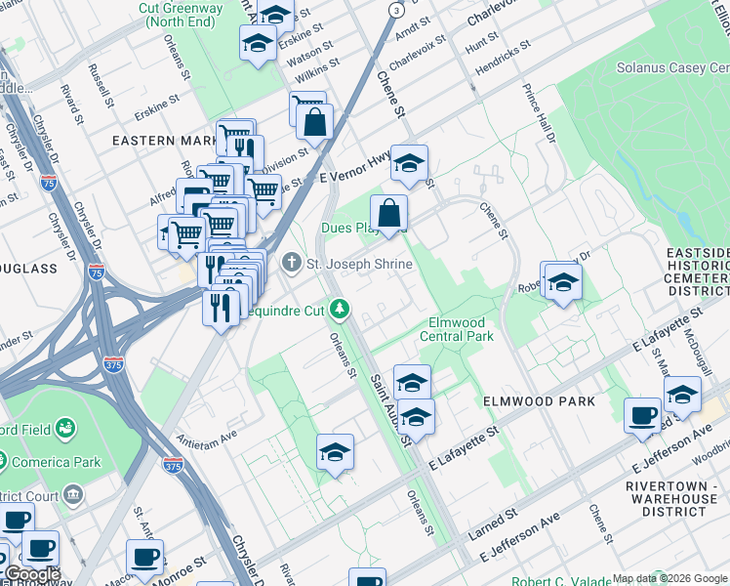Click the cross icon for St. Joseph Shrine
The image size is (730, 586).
coord(291,264)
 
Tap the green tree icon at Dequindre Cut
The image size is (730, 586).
coord(340,310)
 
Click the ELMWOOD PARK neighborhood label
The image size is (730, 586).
coord(538,401)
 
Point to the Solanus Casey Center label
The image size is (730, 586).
coord(672,68)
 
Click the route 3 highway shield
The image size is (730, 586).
coord(395,10)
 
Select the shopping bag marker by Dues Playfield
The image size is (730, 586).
coord(388,213)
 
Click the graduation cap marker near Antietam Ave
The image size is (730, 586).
coord(335,452)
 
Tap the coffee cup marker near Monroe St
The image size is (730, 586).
coord(144,558)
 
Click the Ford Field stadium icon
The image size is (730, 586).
coord(65,428)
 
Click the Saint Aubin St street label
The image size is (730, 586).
coord(388,409)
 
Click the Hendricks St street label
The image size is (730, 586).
coord(503,60)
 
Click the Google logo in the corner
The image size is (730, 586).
coord(31,574)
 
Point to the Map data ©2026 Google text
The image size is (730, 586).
coord(669,578)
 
